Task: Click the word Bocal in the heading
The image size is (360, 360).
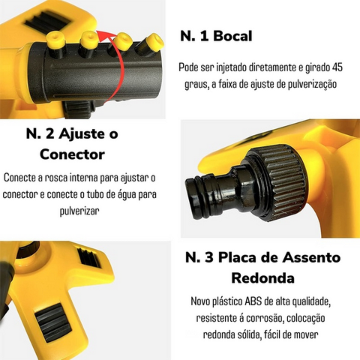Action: point(233,36)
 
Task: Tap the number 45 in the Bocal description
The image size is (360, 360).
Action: point(337,67)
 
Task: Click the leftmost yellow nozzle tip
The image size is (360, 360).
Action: point(56,39)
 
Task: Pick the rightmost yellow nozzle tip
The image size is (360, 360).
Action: point(155,42)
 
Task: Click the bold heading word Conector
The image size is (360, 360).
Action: point(72,154)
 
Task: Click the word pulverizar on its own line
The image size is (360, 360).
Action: point(79,211)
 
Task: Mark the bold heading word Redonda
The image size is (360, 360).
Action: point(263,278)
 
